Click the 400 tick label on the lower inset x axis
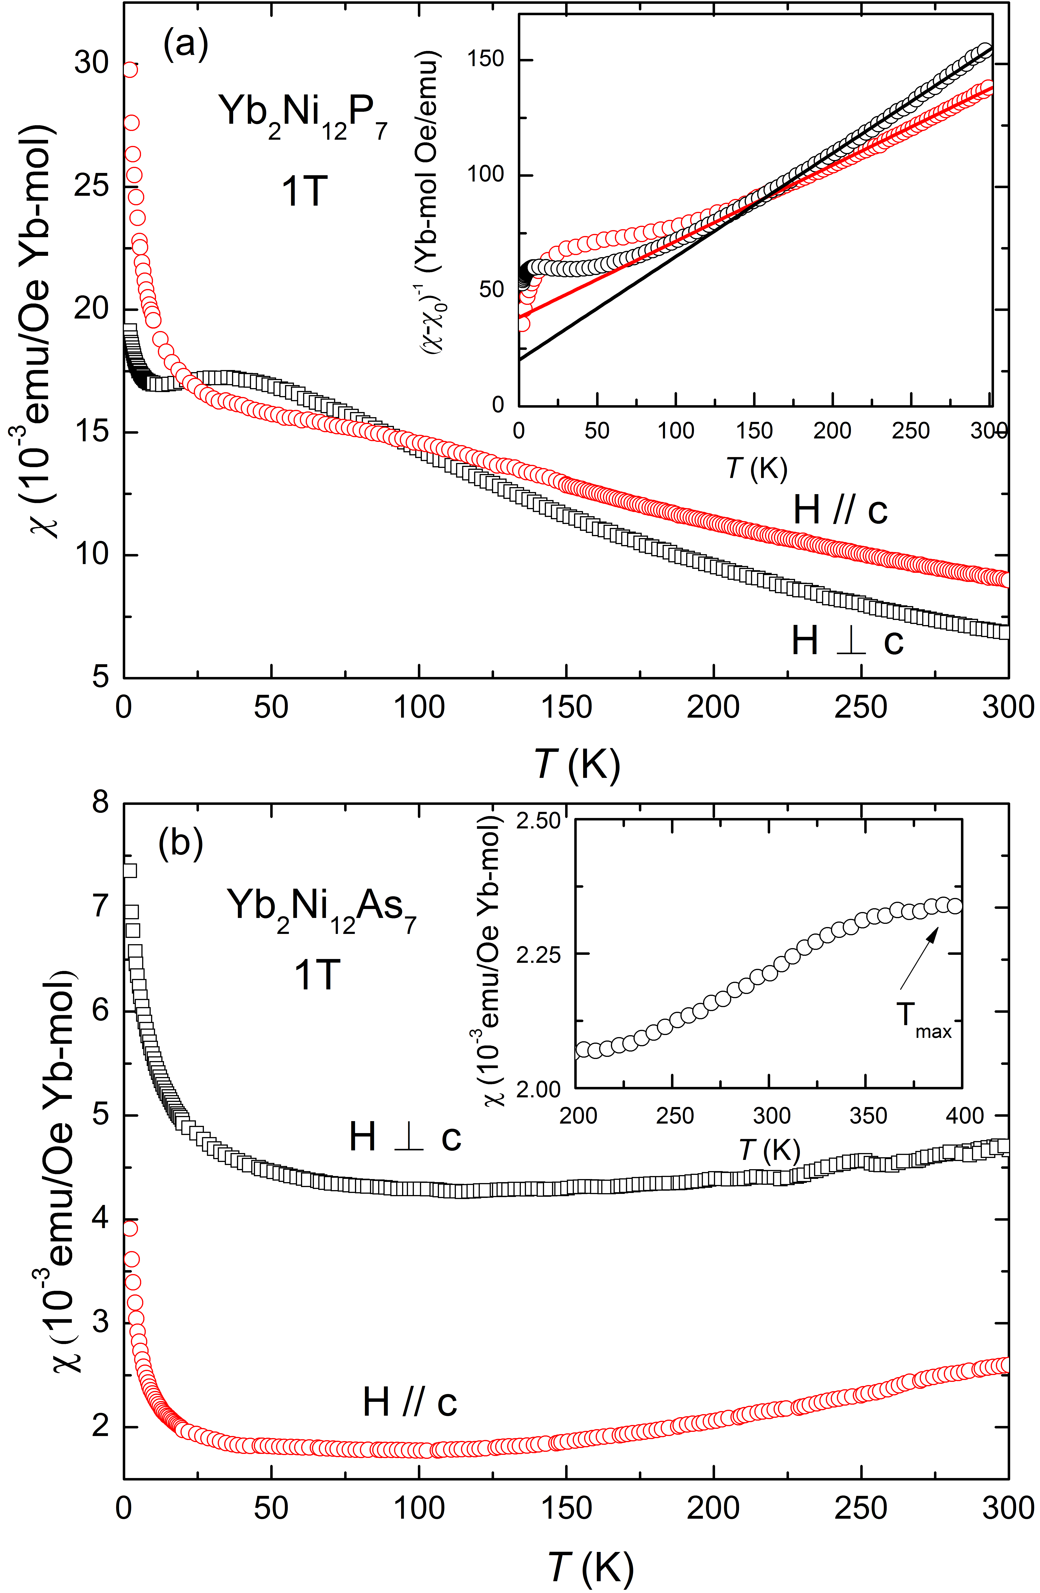coord(964,1116)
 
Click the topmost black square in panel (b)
coord(130,870)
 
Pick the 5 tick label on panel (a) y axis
coord(100,677)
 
